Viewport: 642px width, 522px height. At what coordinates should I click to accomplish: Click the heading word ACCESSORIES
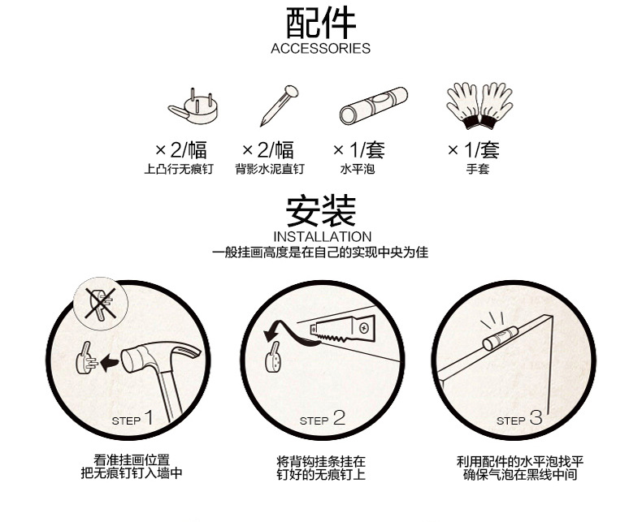click(320, 48)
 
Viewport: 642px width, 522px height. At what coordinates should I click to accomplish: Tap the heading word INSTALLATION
click(323, 237)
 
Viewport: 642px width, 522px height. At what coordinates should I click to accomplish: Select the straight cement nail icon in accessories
click(279, 106)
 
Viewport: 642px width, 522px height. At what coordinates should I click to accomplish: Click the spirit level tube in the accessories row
click(373, 106)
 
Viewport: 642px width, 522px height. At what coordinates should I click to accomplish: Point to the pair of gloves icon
click(479, 106)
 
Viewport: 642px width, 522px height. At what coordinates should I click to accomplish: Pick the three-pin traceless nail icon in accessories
click(193, 107)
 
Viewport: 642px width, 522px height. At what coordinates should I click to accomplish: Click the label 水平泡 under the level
click(358, 169)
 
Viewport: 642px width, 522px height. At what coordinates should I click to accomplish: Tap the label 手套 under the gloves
click(477, 169)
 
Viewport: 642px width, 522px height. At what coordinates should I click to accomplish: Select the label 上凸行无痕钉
click(179, 169)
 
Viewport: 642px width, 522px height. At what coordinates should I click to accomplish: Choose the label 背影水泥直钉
click(270, 169)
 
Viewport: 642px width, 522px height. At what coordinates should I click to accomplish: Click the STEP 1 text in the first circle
click(132, 419)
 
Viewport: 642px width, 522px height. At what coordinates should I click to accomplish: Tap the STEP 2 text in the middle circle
click(323, 419)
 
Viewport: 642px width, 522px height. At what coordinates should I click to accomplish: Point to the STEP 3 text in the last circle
click(519, 419)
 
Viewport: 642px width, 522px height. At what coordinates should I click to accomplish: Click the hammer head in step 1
click(162, 356)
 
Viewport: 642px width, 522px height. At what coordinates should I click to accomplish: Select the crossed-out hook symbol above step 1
click(100, 304)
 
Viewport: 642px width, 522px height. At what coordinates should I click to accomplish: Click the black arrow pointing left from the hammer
click(109, 362)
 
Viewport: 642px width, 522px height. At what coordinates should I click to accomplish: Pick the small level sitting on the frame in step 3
click(500, 339)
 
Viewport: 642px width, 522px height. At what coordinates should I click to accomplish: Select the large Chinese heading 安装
click(321, 211)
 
